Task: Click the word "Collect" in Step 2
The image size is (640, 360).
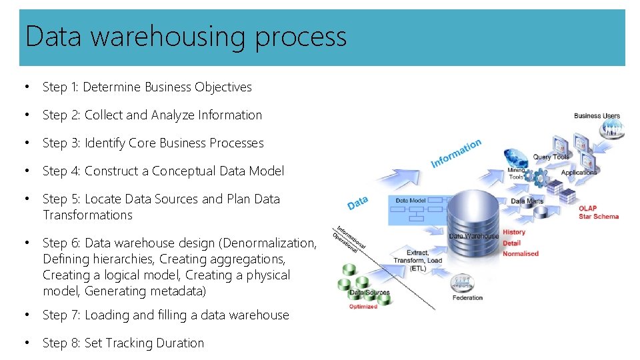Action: pos(103,115)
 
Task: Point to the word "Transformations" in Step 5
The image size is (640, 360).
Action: pos(87,215)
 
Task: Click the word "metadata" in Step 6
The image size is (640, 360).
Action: pos(175,291)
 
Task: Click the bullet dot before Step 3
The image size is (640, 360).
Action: pos(27,143)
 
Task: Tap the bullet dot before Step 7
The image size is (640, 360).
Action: pos(27,315)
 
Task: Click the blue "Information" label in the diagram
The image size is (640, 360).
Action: pos(456,153)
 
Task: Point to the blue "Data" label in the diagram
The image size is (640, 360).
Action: pos(357,201)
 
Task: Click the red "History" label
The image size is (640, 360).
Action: pos(514,233)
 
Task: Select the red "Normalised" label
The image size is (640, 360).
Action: pos(521,254)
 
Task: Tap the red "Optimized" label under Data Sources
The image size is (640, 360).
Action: pos(363,307)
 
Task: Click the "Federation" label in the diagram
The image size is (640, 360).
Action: pos(467,297)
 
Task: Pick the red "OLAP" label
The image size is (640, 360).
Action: pos(588,209)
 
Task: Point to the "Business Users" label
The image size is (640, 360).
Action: pos(597,116)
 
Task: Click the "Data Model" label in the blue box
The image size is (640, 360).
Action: pos(411,200)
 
